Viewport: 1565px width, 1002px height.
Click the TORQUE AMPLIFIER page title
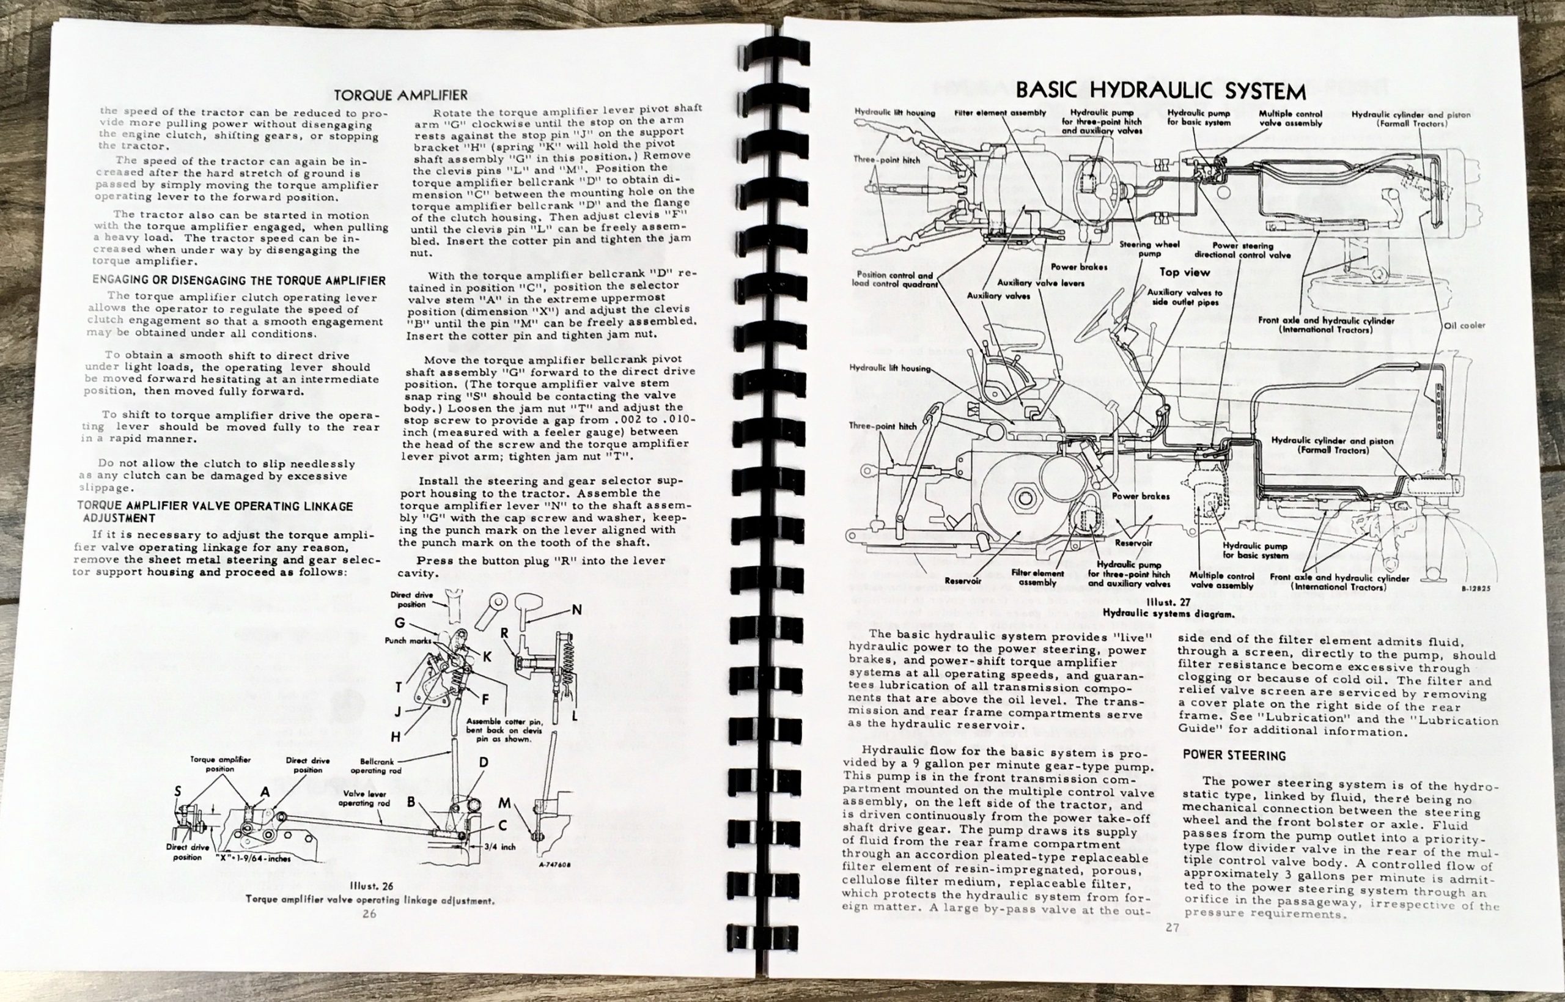point(400,95)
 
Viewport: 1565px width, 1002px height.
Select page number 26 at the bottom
point(369,913)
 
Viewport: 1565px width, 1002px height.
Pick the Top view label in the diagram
point(1185,273)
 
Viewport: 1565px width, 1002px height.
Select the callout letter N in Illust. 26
point(576,610)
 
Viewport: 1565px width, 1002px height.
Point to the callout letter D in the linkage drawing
point(484,762)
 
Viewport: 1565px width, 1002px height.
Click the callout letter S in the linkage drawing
point(177,790)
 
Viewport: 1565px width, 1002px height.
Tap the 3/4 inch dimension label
point(499,847)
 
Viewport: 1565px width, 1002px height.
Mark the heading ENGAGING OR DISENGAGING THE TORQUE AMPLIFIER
point(238,281)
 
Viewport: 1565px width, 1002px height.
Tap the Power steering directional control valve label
point(1242,251)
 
